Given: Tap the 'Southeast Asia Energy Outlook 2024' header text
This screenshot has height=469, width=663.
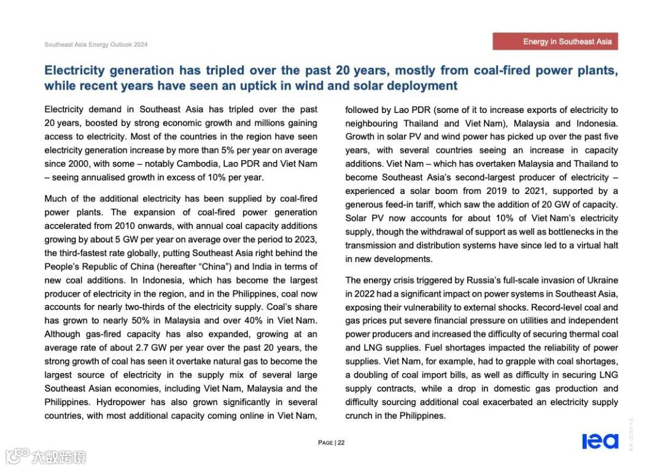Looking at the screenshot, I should point(96,45).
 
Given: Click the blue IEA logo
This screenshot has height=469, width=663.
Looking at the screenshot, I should point(600,441).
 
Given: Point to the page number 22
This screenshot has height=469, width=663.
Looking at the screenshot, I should point(341,443).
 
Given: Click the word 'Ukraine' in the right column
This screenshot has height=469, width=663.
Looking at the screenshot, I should point(602,280).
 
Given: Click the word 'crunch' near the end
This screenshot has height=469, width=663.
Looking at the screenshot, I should point(359,416).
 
